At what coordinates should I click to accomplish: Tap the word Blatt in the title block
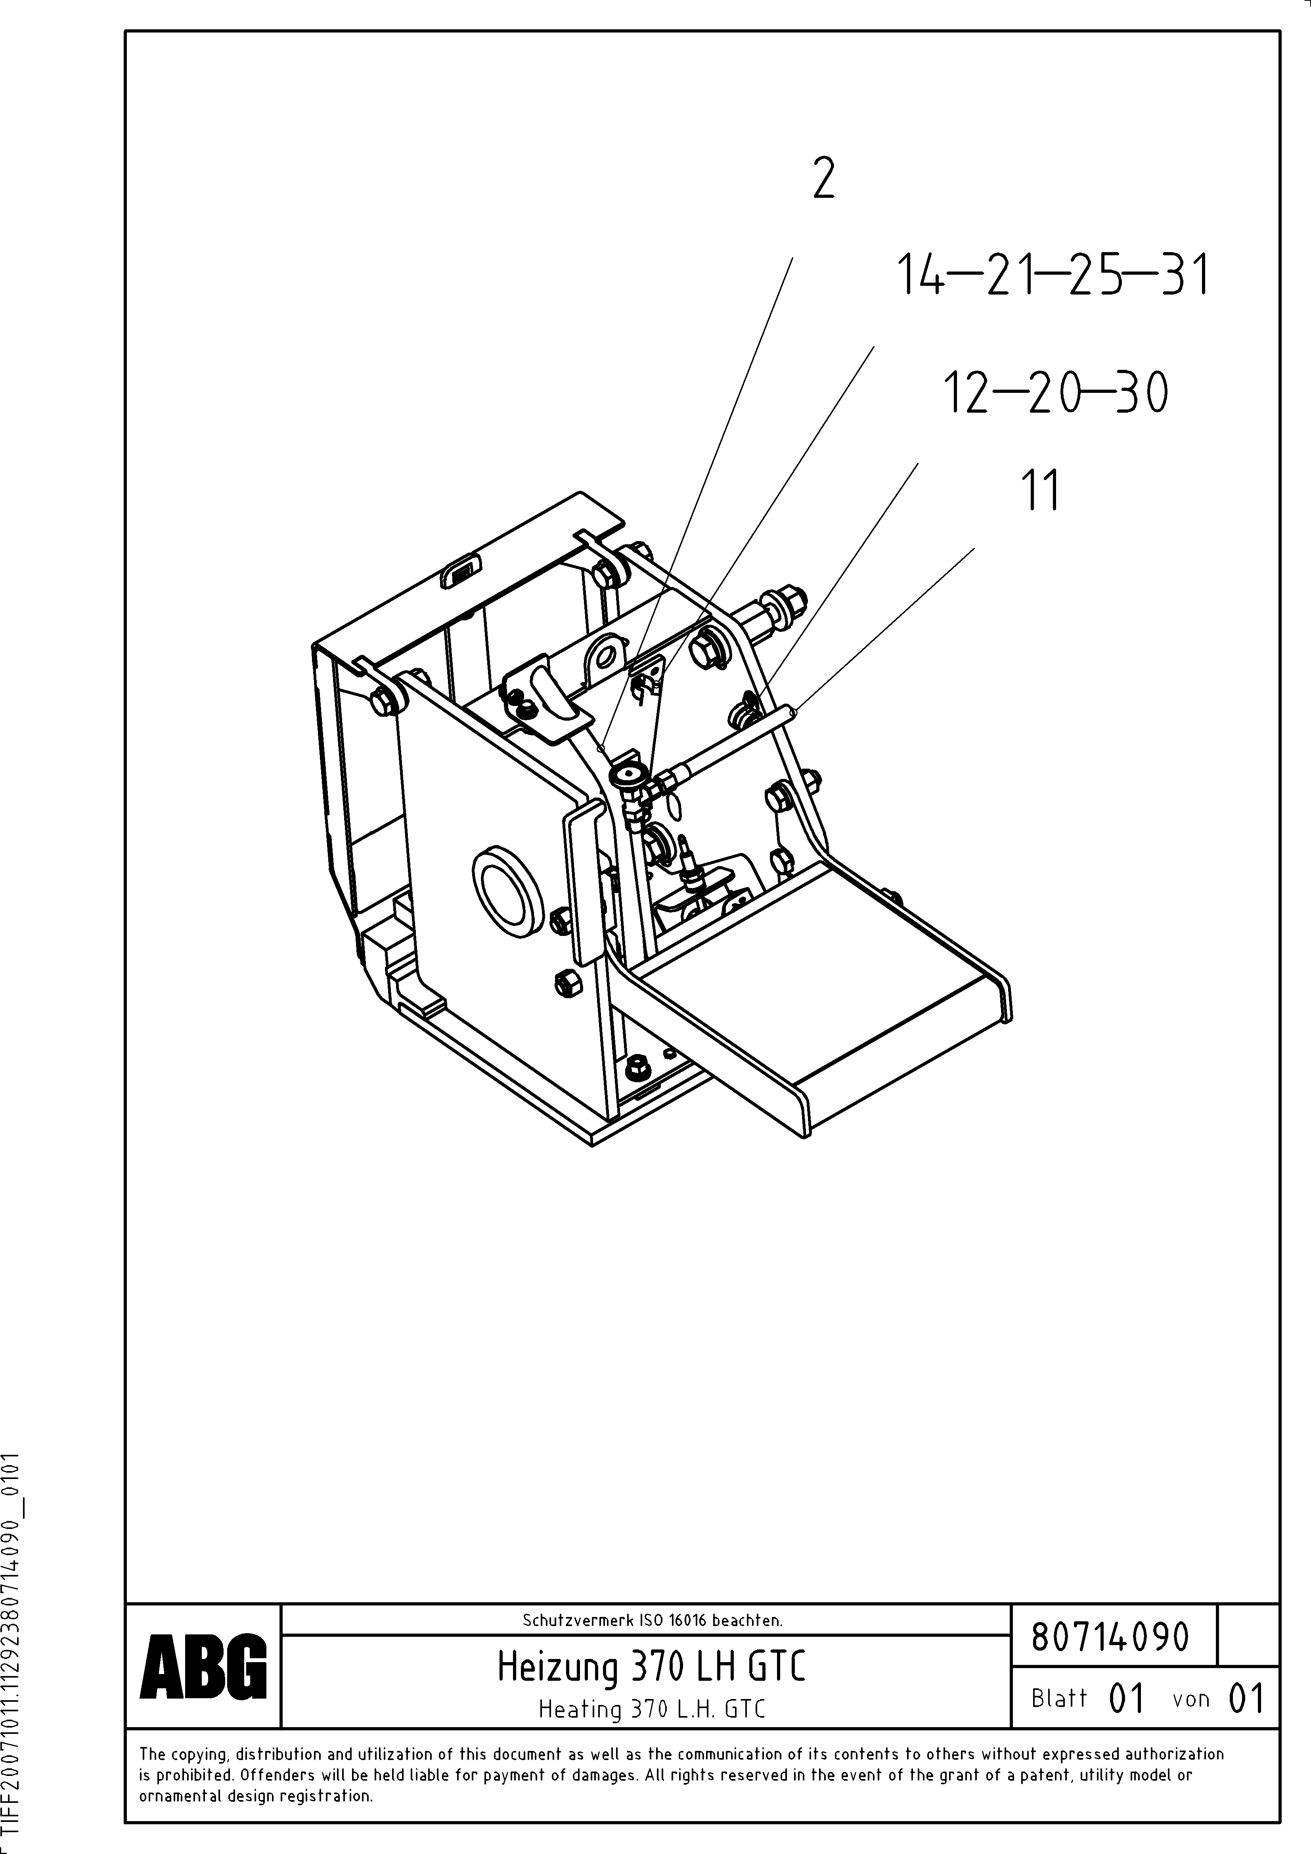(x=1059, y=1698)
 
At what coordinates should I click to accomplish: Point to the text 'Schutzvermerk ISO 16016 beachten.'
(x=652, y=1620)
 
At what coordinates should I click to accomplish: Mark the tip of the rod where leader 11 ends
(x=796, y=712)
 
